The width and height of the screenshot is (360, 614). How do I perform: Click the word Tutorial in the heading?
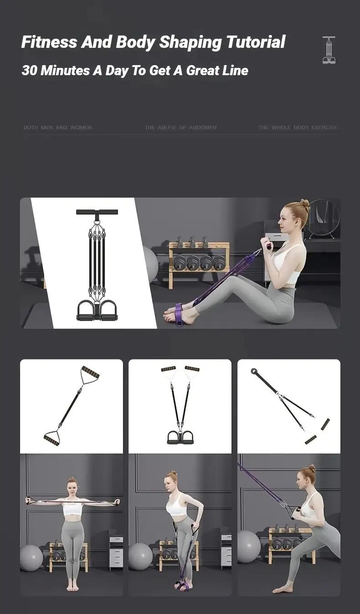[255, 42]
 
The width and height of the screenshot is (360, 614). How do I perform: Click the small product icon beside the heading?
[329, 50]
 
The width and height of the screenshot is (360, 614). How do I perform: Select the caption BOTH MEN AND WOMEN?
[57, 128]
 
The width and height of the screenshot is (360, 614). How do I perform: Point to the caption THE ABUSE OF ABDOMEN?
[180, 128]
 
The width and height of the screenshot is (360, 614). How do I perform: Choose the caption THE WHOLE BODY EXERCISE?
[298, 128]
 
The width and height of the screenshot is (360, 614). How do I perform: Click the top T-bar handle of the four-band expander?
[97, 212]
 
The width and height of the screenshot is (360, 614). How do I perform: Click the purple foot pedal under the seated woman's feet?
[178, 314]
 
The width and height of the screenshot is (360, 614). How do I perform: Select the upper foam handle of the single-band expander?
[90, 372]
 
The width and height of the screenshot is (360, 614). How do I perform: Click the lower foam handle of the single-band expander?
[51, 440]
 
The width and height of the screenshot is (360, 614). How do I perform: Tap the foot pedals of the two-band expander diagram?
[180, 437]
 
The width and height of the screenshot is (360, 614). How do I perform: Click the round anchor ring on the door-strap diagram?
[253, 371]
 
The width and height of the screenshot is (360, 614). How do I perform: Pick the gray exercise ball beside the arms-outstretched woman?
[31, 558]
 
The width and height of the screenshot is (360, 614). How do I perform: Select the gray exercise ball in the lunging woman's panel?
[249, 546]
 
